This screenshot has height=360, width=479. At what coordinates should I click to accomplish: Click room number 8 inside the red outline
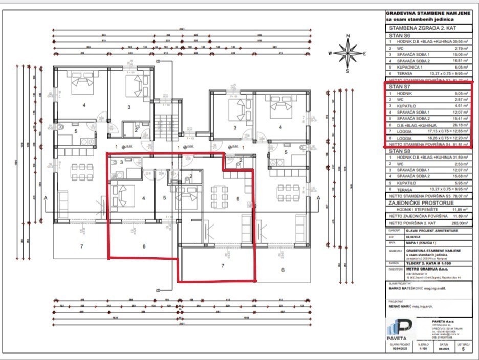[144, 246]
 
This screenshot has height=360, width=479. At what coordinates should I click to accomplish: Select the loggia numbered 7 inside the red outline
[223, 266]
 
